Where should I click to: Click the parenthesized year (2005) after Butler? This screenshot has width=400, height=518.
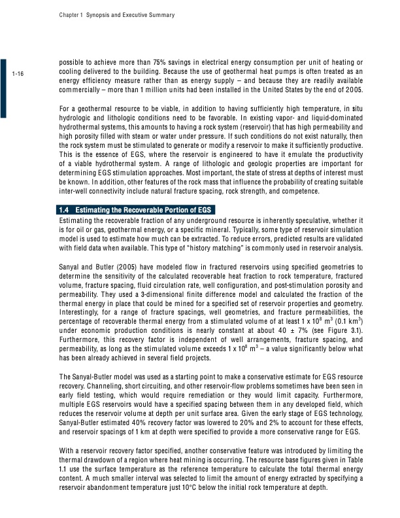coord(119,267)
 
